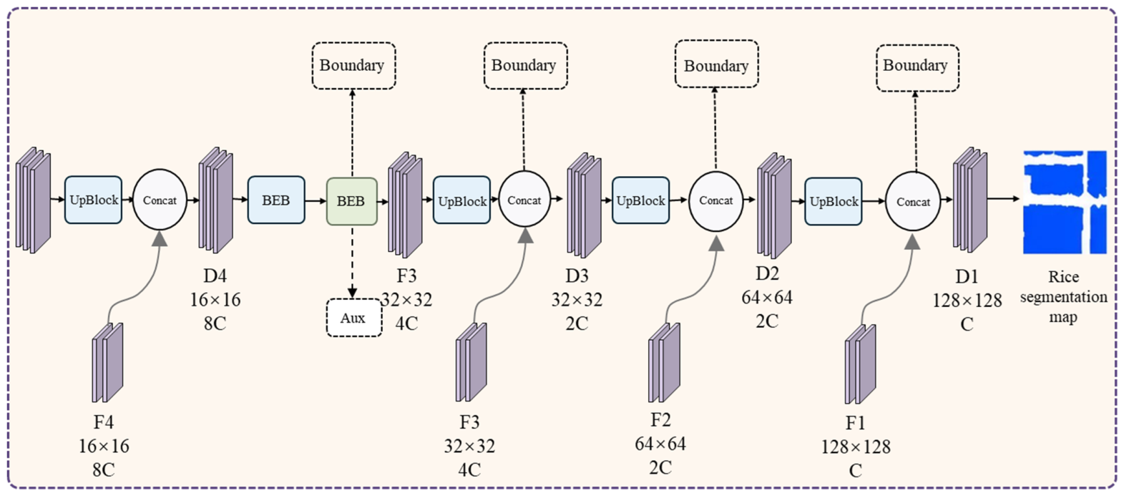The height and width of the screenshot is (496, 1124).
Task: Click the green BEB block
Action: tap(352, 201)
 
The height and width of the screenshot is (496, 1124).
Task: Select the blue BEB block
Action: tap(276, 200)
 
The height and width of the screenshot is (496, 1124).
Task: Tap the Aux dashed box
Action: tap(353, 318)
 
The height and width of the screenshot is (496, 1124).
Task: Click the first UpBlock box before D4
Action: tap(93, 200)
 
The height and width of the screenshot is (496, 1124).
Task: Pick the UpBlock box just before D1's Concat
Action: tap(834, 201)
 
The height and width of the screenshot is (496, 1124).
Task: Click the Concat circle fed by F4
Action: tap(160, 200)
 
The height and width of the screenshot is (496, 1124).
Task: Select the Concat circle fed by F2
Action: tap(716, 201)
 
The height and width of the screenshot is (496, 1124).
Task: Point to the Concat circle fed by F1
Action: tap(913, 201)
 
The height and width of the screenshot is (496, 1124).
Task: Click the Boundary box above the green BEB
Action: tap(353, 66)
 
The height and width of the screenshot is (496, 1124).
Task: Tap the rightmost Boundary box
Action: tap(918, 68)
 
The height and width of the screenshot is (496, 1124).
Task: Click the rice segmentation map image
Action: tap(1065, 202)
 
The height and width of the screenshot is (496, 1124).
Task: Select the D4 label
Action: tap(215, 276)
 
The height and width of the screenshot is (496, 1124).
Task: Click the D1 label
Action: tap(967, 276)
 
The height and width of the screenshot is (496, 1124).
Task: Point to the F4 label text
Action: tap(103, 422)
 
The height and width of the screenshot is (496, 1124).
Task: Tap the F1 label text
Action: tap(856, 423)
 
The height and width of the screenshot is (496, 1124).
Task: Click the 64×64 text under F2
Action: tap(660, 444)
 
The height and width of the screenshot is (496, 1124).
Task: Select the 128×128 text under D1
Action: tap(967, 301)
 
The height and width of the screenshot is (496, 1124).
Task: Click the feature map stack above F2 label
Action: tap(665, 362)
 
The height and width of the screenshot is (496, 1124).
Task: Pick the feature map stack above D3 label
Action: tap(584, 205)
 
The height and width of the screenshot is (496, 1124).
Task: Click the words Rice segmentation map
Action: tap(1064, 297)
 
